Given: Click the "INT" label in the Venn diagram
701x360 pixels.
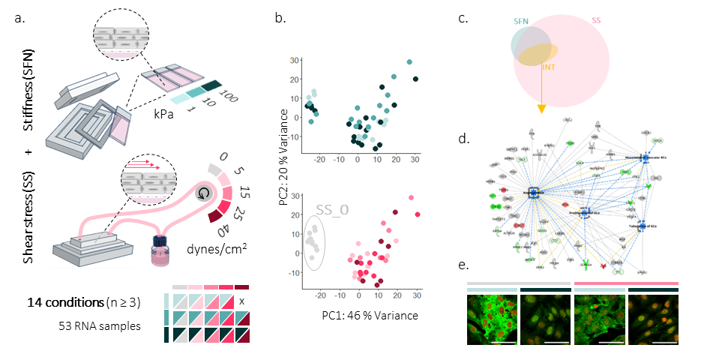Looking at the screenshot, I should click(548, 67).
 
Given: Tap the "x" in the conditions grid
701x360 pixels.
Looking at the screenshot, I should click(241, 301).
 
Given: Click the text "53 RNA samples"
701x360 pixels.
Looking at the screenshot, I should click(83, 326).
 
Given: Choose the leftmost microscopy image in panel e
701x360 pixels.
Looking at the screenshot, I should click(491, 319).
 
